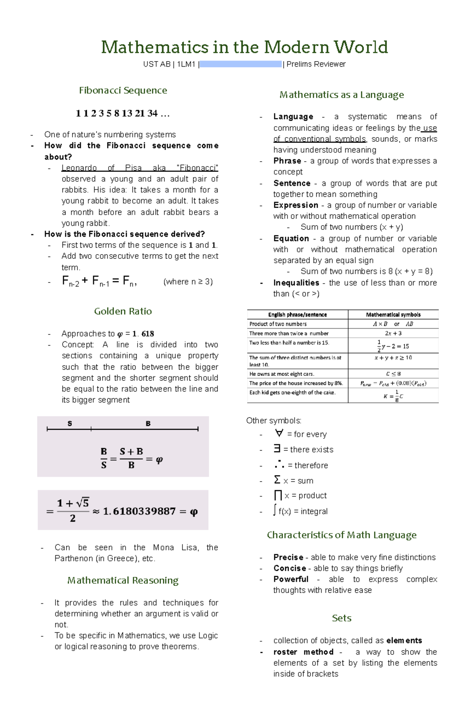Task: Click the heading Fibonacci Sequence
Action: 123,90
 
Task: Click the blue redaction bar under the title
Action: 240,64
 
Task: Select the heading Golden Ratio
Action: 123,311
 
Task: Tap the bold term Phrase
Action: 287,161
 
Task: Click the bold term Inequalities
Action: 296,283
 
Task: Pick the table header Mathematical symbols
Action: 393,315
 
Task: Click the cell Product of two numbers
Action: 278,324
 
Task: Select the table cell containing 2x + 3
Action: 393,333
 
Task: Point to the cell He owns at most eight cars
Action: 282,374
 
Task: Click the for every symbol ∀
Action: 279,433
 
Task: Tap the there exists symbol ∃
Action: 277,449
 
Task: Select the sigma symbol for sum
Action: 277,480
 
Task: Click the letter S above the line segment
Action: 70,424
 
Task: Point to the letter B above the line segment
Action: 148,424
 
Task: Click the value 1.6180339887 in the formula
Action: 139,511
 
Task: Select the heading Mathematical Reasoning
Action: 123,580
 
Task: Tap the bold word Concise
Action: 289,568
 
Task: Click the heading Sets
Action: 341,618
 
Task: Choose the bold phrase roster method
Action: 303,652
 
